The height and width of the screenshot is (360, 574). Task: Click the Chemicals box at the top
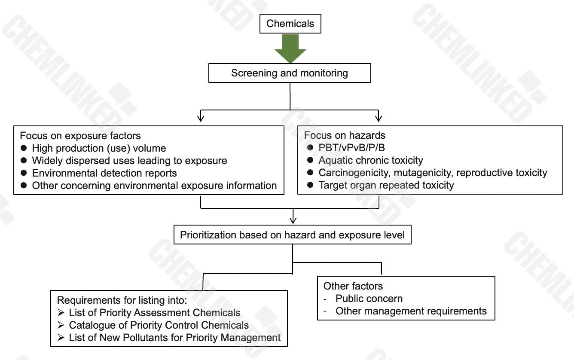click(x=290, y=23)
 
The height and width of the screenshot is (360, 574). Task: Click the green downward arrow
click(x=290, y=49)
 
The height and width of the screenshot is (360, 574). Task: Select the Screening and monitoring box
click(x=290, y=73)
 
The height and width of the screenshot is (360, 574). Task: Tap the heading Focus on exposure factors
click(x=80, y=136)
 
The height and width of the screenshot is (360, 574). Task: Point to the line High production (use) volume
click(x=99, y=148)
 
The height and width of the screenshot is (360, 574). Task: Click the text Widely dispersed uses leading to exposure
click(x=129, y=161)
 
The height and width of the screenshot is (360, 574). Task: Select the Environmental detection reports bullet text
click(x=104, y=173)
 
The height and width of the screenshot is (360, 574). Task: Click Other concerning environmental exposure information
click(x=154, y=186)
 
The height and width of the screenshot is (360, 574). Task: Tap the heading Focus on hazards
click(x=345, y=135)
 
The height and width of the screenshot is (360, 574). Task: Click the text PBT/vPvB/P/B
click(x=352, y=148)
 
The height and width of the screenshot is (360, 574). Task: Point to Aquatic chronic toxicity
click(x=371, y=160)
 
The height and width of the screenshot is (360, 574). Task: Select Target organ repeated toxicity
click(x=386, y=185)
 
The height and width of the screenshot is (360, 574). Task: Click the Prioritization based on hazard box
click(x=292, y=235)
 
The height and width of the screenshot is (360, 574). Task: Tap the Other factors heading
click(x=353, y=286)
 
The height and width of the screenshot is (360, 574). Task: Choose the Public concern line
click(x=369, y=299)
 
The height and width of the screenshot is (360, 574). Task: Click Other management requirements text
click(x=411, y=311)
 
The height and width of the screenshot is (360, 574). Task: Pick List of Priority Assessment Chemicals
click(x=155, y=313)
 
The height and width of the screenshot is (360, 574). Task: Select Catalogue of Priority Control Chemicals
click(x=159, y=325)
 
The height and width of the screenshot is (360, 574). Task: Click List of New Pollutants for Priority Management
click(x=175, y=338)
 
